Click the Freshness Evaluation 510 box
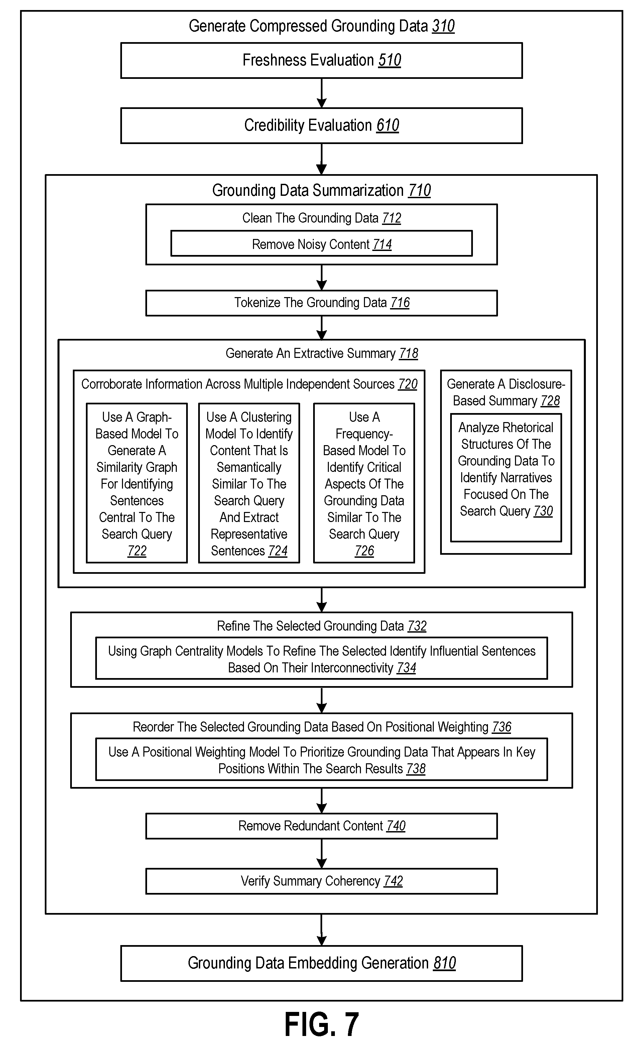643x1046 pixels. click(x=321, y=60)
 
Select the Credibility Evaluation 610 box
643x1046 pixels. click(x=321, y=125)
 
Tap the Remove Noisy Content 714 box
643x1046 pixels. click(x=321, y=244)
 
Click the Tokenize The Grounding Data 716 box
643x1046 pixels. click(x=321, y=303)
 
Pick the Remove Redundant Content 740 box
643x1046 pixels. click(x=321, y=826)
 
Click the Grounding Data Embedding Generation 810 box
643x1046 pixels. click(x=321, y=963)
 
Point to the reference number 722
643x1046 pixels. click(x=137, y=551)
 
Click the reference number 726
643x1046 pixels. click(x=365, y=551)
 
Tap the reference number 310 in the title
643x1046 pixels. click(x=443, y=26)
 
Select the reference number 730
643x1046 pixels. click(x=543, y=511)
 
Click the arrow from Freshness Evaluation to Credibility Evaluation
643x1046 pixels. click(x=321, y=93)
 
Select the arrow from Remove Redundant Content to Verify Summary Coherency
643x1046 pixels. click(x=321, y=854)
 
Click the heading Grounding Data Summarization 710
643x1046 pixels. click(x=321, y=190)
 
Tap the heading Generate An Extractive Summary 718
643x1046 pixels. click(x=322, y=353)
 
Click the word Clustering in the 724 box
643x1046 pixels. click(x=266, y=417)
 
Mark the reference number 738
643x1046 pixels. click(x=416, y=769)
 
